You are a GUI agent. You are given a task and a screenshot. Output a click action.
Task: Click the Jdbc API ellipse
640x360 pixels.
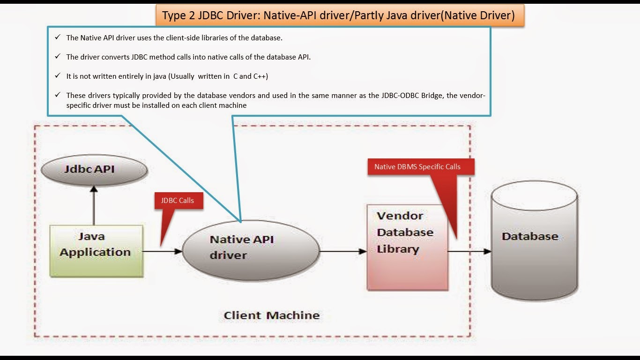click(x=94, y=170)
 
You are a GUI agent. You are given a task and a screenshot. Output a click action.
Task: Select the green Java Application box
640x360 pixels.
click(x=97, y=251)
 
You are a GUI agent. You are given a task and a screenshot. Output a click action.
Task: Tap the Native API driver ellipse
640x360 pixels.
click(x=251, y=250)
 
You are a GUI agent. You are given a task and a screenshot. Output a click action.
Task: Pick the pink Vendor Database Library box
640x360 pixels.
click(x=408, y=247)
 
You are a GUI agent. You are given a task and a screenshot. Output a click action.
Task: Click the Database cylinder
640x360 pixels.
click(x=534, y=240)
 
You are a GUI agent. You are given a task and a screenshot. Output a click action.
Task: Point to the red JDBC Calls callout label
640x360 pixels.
click(x=179, y=201)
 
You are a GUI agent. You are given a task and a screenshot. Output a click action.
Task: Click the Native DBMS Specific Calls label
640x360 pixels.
click(x=421, y=167)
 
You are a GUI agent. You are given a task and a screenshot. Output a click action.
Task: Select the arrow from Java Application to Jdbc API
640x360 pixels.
click(x=94, y=205)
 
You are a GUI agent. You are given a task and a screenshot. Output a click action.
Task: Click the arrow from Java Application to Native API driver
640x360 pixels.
click(x=163, y=251)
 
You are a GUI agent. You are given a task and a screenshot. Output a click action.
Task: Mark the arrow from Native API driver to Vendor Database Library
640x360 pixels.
click(x=343, y=251)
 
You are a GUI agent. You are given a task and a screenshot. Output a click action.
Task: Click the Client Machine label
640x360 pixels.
click(x=272, y=315)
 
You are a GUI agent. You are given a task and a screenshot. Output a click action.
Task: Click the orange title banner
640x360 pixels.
click(x=340, y=15)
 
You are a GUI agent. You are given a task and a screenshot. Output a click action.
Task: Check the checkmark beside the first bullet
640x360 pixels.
click(x=58, y=37)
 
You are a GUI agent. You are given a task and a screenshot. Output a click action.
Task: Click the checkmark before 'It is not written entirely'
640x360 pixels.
click(x=58, y=75)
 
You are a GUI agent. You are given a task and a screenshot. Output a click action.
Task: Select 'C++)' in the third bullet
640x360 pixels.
click(x=260, y=76)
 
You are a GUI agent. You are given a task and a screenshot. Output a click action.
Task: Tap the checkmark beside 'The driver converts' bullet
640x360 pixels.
click(x=58, y=56)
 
